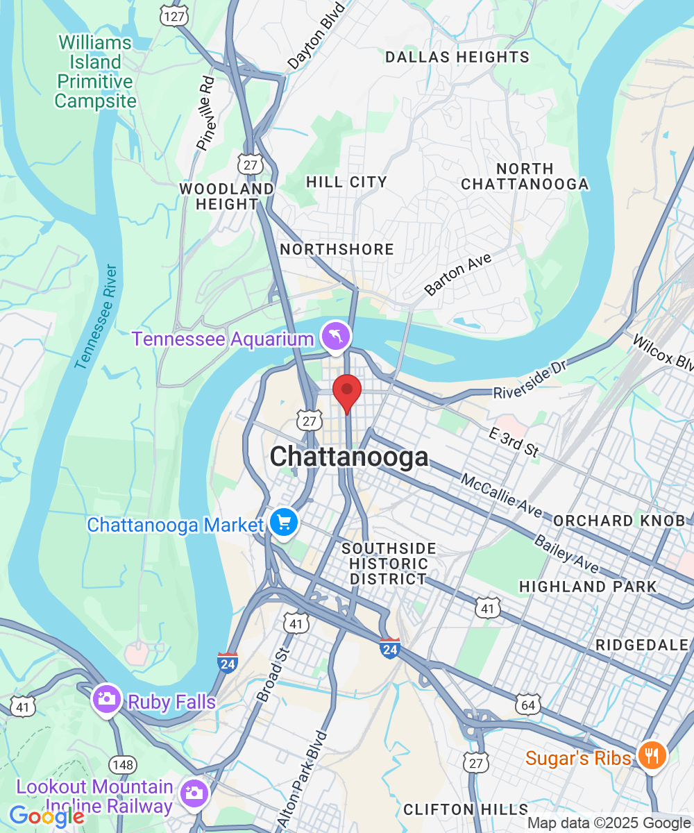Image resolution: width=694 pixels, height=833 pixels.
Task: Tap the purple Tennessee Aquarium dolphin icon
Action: (x=336, y=337)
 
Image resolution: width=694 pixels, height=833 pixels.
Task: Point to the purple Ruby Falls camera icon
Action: (x=108, y=699)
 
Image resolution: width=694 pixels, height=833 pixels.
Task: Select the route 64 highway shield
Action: (x=528, y=705)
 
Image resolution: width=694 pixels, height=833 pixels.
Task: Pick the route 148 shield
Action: (x=124, y=765)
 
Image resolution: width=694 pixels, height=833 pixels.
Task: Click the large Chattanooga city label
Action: (x=349, y=457)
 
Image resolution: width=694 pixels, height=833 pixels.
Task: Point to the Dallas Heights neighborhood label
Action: (x=457, y=57)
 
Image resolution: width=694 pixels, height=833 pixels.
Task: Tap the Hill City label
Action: (x=346, y=182)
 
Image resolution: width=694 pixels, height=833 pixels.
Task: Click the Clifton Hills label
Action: (x=466, y=809)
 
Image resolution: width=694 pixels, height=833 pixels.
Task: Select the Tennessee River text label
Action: (x=96, y=316)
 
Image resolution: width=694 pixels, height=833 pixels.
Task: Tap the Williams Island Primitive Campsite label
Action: (x=95, y=71)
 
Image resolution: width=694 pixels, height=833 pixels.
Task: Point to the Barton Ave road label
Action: (x=458, y=275)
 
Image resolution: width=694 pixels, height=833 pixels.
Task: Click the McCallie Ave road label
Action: (x=501, y=496)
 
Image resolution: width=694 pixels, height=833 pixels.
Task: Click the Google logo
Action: (x=46, y=816)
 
